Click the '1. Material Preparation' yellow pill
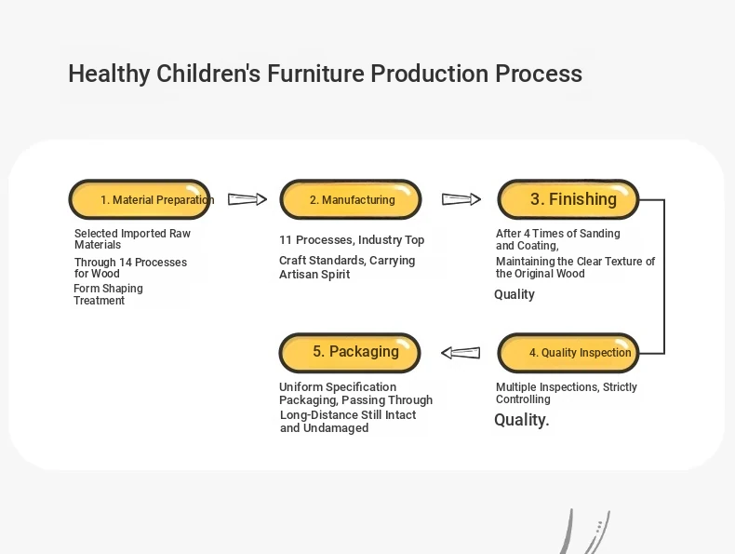pyautogui.click(x=140, y=199)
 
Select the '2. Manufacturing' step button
pyautogui.click(x=351, y=199)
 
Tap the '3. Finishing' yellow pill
pyautogui.click(x=568, y=199)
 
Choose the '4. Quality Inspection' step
pyautogui.click(x=568, y=353)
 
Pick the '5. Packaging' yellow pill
pyautogui.click(x=350, y=353)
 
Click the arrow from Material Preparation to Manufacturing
pyautogui.click(x=247, y=199)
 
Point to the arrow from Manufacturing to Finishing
pyautogui.click(x=461, y=199)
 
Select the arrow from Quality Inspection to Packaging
pyautogui.click(x=461, y=353)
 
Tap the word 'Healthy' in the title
pyautogui.click(x=109, y=74)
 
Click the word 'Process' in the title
pyautogui.click(x=539, y=74)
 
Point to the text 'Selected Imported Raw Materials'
pyautogui.click(x=132, y=238)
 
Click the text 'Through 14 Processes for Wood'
pyautogui.click(x=130, y=267)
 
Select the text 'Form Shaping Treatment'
pyautogui.click(x=108, y=294)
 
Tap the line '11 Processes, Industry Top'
pyautogui.click(x=352, y=239)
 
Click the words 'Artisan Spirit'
pyautogui.click(x=314, y=274)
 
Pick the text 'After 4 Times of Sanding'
pyautogui.click(x=558, y=233)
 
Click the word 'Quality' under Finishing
pyautogui.click(x=514, y=294)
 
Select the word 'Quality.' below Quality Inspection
pyautogui.click(x=521, y=420)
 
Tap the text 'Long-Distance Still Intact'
pyautogui.click(x=348, y=414)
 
